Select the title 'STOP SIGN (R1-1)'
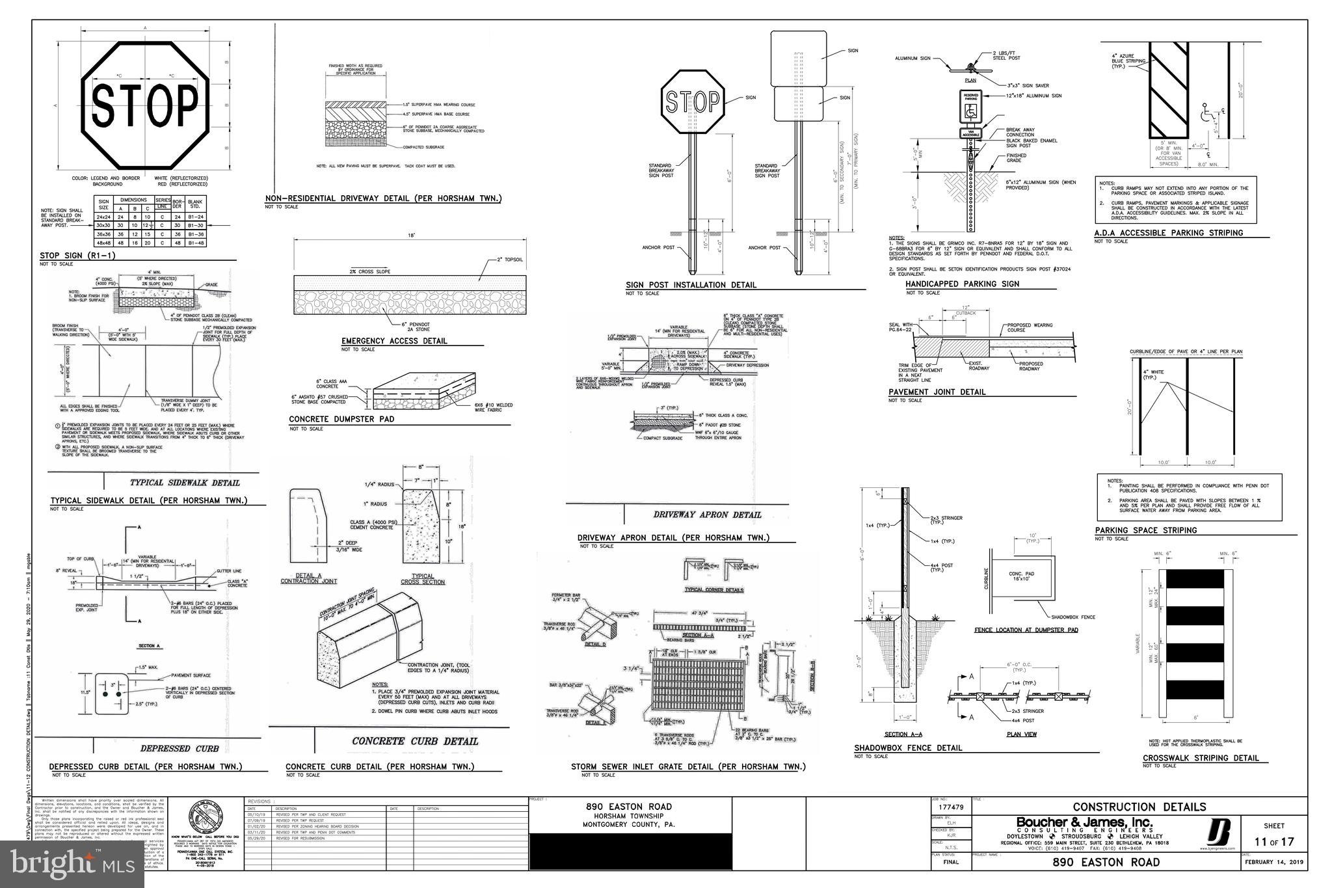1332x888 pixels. click(x=70, y=255)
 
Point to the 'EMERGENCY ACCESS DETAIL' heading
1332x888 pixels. click(x=394, y=341)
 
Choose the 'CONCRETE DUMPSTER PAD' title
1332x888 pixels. click(x=341, y=419)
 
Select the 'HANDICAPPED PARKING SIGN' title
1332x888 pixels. click(x=962, y=284)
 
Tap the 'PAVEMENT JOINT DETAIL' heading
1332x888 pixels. click(x=937, y=392)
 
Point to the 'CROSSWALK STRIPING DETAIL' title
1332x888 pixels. click(x=1201, y=758)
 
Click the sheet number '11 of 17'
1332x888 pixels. click(x=1274, y=842)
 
